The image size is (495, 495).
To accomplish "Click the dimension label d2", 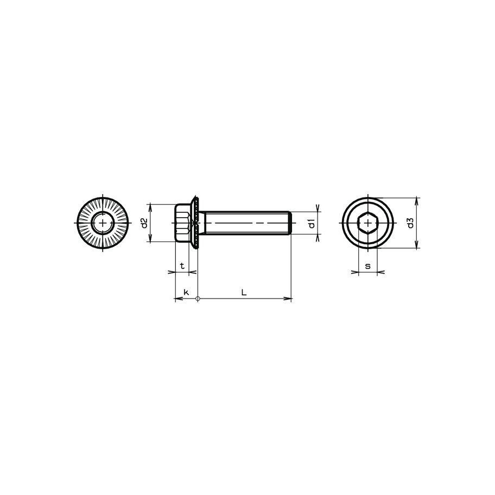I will click(x=144, y=223).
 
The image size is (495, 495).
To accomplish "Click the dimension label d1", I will click(x=312, y=223).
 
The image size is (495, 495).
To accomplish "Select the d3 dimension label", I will click(x=411, y=223).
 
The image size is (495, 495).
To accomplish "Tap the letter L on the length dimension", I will click(x=244, y=292).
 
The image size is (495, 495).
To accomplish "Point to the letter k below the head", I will click(x=186, y=292).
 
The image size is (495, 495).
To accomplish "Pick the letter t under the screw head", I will click(x=182, y=266).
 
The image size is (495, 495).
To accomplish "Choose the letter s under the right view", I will click(x=367, y=266).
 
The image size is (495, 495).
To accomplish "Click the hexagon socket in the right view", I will click(x=368, y=223).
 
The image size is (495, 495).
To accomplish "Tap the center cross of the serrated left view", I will click(x=103, y=223).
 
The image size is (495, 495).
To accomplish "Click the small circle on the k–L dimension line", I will click(x=198, y=299).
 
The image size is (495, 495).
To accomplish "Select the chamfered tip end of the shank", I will click(x=290, y=223).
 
